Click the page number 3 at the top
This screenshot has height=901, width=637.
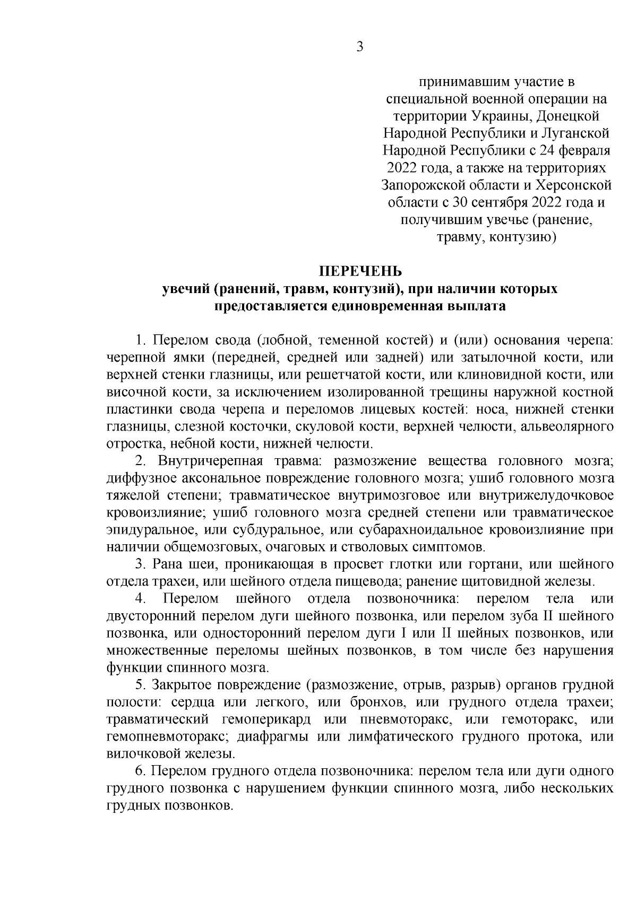(x=359, y=47)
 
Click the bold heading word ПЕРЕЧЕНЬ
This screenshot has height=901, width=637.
(x=360, y=272)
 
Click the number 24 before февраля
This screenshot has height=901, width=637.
(x=547, y=150)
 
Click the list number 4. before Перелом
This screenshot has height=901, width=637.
(x=141, y=598)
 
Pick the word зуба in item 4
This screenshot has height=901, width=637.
(x=519, y=616)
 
